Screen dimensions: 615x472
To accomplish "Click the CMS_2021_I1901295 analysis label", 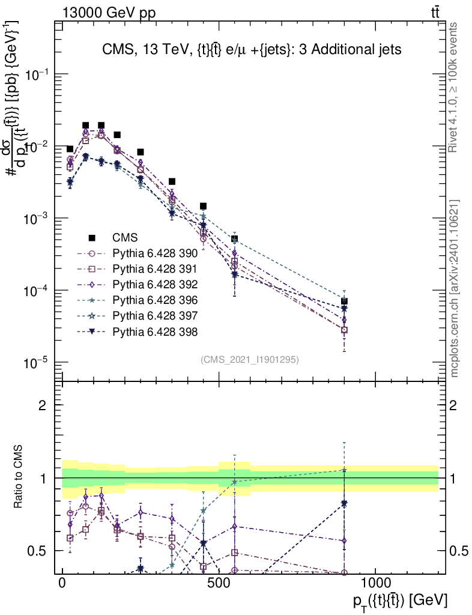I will pos(249,359).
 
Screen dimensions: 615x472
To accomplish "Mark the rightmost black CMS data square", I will pos(344,301).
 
